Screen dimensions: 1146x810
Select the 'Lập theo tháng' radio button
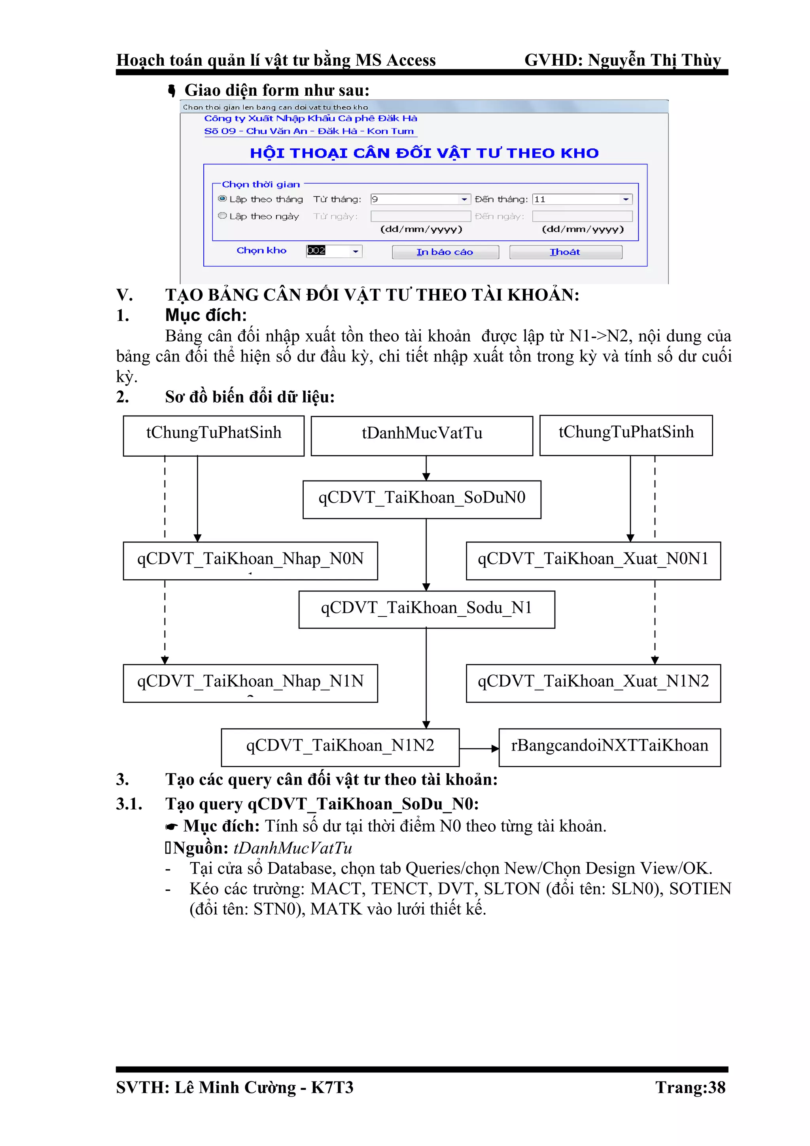223,199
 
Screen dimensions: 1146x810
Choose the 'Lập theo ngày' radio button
223,216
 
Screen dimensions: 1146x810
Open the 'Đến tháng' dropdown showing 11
625,199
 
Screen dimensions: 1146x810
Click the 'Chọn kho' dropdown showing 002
355,251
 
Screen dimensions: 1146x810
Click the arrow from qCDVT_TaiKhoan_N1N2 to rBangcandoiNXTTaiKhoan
479,748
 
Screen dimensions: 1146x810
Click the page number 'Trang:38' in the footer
690,1087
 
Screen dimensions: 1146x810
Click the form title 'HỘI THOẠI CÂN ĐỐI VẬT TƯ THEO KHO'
424,153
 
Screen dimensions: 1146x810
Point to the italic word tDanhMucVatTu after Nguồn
293,848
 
